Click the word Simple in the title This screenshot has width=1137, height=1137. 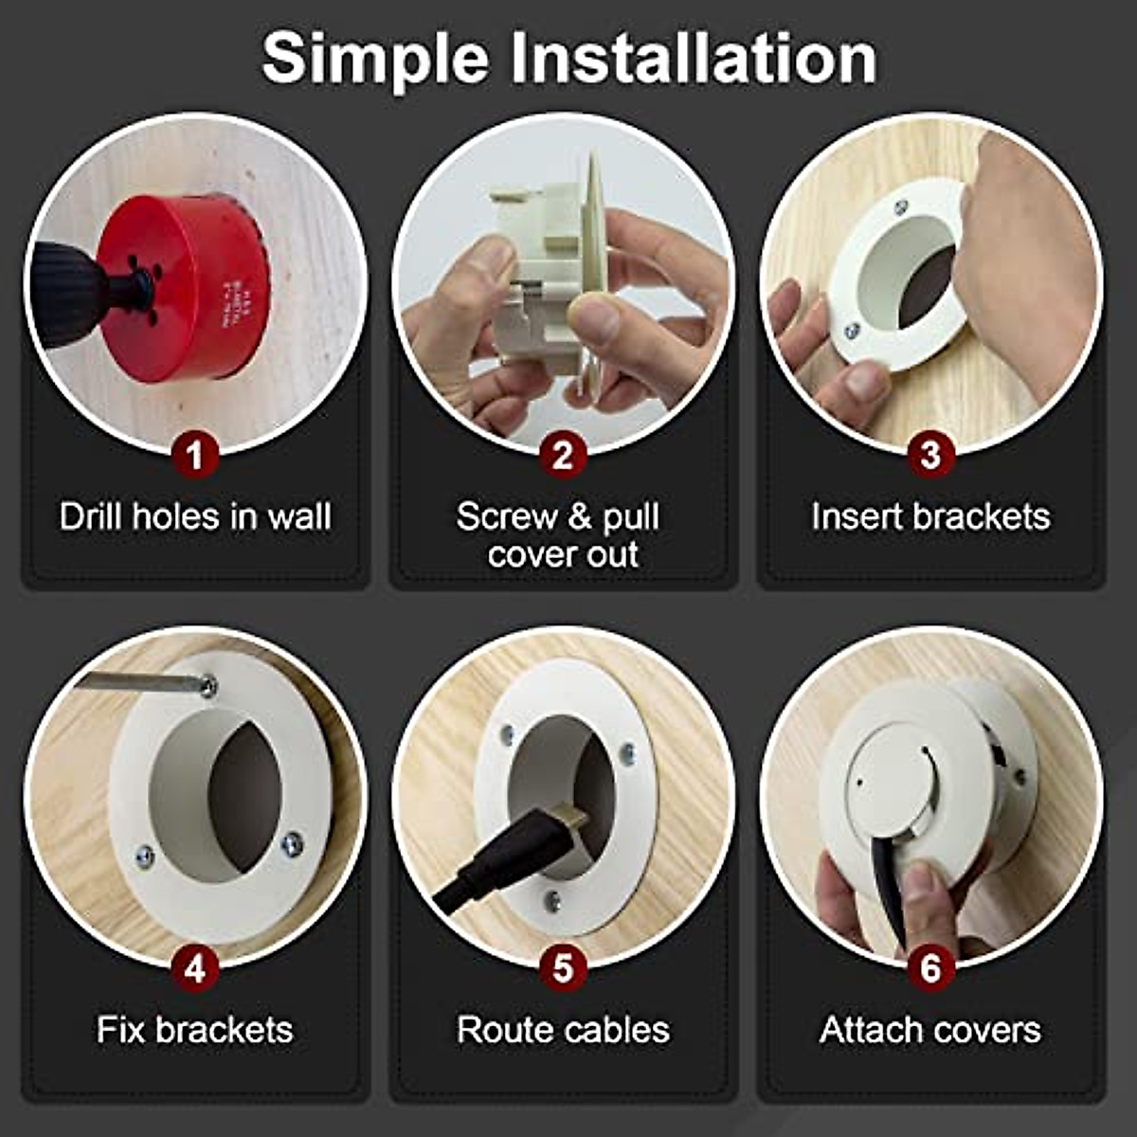click(374, 59)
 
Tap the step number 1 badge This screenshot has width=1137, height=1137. click(195, 456)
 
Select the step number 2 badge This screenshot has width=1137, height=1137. click(563, 456)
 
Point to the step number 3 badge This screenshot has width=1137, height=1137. click(930, 456)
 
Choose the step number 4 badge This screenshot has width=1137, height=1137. click(195, 968)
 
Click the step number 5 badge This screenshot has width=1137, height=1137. click(563, 968)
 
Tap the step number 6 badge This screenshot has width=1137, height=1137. click(930, 968)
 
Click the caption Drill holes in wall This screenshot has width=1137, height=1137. click(195, 517)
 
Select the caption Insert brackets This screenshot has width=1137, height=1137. click(930, 517)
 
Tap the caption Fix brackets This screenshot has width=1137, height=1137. click(195, 1030)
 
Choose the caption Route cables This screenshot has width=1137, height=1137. click(563, 1030)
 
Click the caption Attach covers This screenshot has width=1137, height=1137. click(930, 1030)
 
